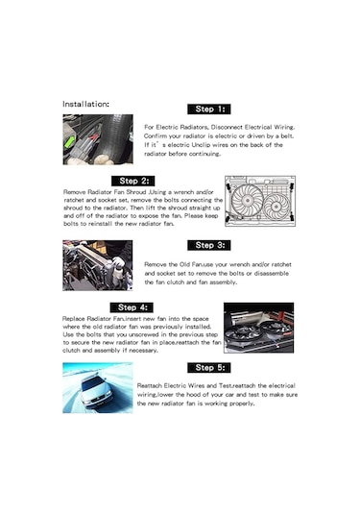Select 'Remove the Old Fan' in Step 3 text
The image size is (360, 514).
click(176, 263)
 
